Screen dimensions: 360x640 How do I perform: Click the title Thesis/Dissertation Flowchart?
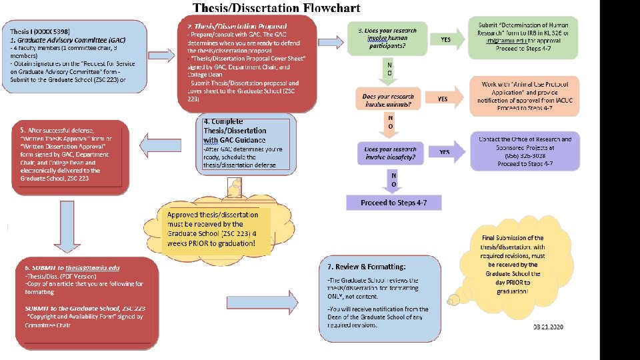276,8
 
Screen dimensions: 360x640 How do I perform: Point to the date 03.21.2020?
548,327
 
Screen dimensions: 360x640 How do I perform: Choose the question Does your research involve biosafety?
391,153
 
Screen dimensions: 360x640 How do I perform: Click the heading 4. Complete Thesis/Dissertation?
235,131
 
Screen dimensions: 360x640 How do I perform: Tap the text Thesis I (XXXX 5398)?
41,31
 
